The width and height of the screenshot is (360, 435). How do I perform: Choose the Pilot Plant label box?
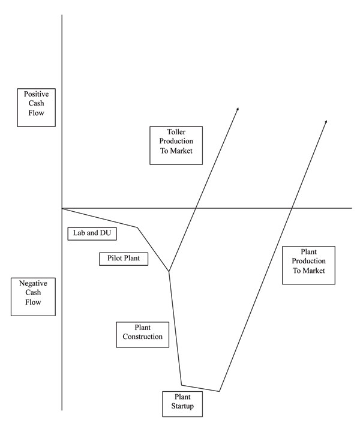(124, 259)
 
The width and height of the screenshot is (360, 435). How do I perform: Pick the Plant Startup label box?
(182, 403)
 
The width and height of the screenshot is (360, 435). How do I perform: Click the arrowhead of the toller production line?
(238, 108)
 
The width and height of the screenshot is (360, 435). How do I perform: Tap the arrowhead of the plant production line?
(326, 121)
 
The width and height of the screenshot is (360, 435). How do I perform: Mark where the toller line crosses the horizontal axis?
(196, 208)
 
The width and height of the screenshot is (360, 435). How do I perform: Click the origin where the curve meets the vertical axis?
(62, 208)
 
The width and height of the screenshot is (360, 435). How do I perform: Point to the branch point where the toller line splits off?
(169, 272)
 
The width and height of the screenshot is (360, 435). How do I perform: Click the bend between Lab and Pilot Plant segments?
(138, 227)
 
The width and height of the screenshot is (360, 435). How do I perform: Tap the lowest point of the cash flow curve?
(220, 391)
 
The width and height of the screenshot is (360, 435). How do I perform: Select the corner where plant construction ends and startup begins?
(182, 385)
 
